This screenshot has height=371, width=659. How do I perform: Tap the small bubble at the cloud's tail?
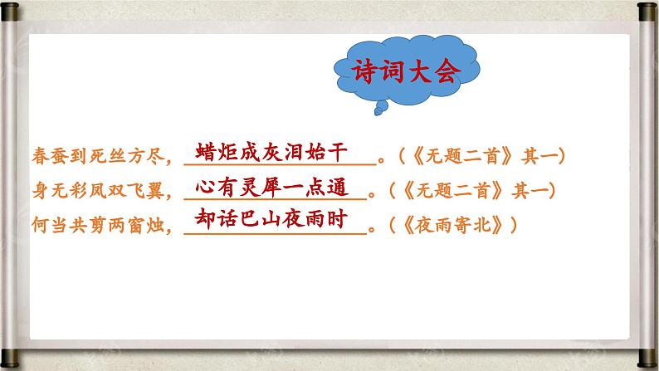click(379, 108)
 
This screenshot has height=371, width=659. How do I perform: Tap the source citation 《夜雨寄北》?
click(466, 225)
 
